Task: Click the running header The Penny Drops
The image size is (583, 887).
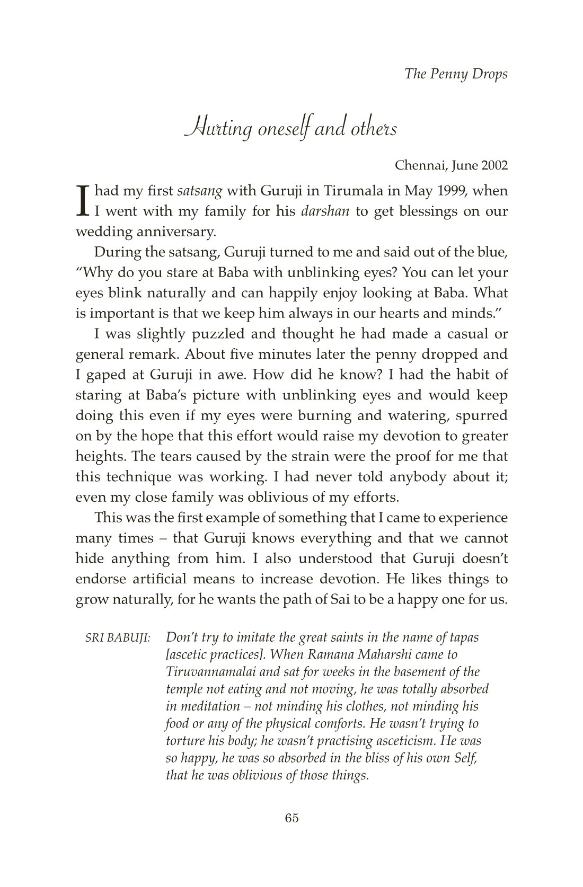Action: [456, 74]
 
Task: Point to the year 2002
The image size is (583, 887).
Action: [494, 165]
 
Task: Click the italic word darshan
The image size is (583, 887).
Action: [325, 211]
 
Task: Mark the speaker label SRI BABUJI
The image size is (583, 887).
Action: [118, 638]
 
